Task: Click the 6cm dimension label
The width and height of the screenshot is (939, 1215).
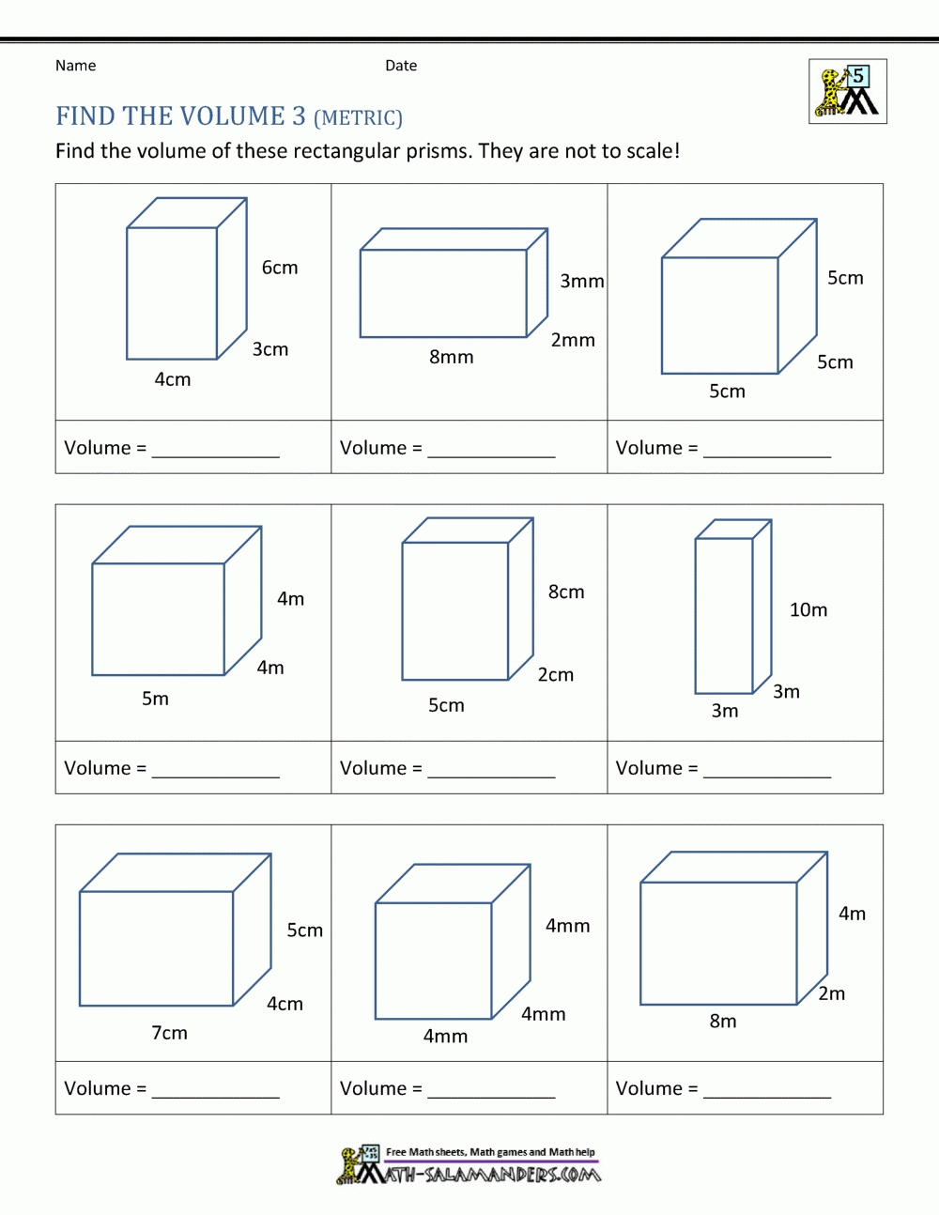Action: click(280, 268)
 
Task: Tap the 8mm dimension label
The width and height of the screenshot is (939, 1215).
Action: click(451, 357)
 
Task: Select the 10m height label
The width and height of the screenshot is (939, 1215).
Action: click(808, 610)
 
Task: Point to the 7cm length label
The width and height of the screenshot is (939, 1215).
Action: click(169, 1033)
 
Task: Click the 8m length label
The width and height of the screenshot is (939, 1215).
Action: click(722, 1021)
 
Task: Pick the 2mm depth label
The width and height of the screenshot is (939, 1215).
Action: click(573, 340)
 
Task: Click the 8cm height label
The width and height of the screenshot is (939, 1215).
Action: click(566, 592)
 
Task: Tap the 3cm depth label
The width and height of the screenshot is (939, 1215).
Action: click(269, 349)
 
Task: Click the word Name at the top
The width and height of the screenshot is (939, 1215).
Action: click(75, 66)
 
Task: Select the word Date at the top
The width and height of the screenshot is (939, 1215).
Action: click(401, 66)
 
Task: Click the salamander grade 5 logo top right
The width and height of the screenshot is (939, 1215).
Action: click(847, 91)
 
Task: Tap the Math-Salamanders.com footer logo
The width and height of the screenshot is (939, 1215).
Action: click(469, 1165)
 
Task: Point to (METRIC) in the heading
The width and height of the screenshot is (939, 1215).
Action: click(358, 118)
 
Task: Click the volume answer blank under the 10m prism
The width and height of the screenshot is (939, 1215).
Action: click(766, 772)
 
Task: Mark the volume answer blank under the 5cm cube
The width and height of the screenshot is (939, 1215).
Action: click(766, 452)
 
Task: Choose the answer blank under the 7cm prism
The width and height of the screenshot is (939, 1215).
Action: click(215, 1092)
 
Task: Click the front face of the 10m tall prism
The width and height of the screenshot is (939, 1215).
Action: click(723, 615)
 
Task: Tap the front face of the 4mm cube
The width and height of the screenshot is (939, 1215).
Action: click(433, 961)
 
